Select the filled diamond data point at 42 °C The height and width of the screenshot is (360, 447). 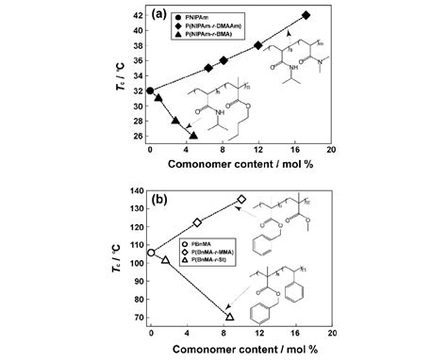click(x=306, y=15)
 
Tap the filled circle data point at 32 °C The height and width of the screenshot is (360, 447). click(x=151, y=90)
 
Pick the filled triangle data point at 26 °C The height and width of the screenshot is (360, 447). click(x=193, y=136)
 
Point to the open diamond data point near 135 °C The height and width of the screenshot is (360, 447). click(x=241, y=199)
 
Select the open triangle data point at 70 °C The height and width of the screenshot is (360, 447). click(x=230, y=316)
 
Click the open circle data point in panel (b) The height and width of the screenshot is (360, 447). click(x=151, y=253)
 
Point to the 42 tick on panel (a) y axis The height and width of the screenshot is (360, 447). click(x=139, y=15)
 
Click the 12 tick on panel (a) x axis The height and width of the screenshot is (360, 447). click(x=258, y=150)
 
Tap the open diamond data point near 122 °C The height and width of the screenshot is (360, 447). click(x=196, y=222)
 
